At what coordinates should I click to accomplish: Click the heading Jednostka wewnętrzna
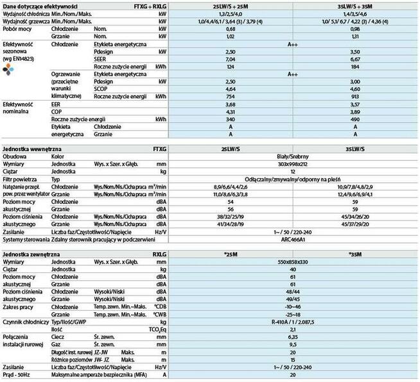pos(35,147)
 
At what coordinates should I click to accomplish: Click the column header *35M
pos(353,254)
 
